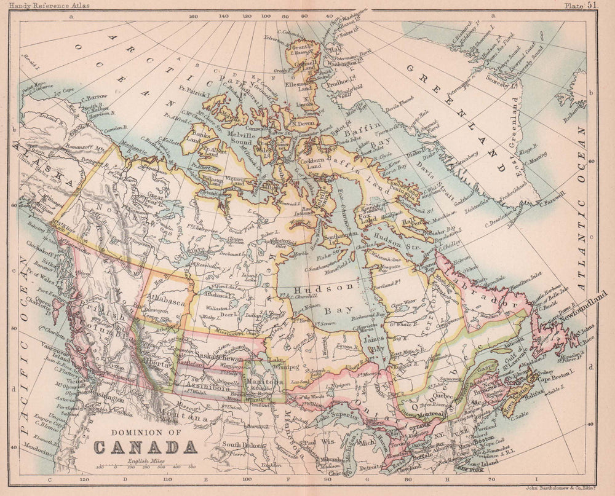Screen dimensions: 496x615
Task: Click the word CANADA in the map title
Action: (x=145, y=447)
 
